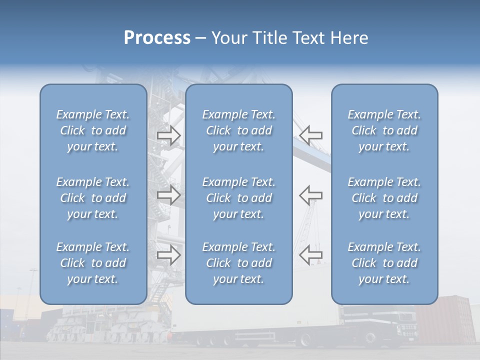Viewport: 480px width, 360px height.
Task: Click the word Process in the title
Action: (157, 38)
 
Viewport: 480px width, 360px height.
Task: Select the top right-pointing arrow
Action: (169, 135)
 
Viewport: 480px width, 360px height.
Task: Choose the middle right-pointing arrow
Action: (169, 194)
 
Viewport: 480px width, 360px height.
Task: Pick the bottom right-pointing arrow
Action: (169, 255)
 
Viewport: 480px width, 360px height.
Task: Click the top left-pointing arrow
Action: (311, 134)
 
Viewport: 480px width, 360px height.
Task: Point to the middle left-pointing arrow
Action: (311, 194)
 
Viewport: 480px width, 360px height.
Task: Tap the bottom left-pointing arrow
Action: (311, 255)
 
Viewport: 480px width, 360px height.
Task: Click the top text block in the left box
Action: (93, 130)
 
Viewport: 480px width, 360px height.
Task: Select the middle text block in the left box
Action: (93, 198)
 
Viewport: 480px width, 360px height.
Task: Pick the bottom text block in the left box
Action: (93, 263)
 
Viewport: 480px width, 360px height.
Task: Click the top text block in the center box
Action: (239, 130)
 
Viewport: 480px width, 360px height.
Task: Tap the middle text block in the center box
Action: (239, 198)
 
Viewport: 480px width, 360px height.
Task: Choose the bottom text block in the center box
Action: (239, 263)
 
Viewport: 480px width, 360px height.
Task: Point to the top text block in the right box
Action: (384, 130)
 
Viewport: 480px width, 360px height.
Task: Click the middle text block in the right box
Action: (384, 198)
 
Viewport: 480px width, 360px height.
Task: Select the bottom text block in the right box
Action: (384, 263)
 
